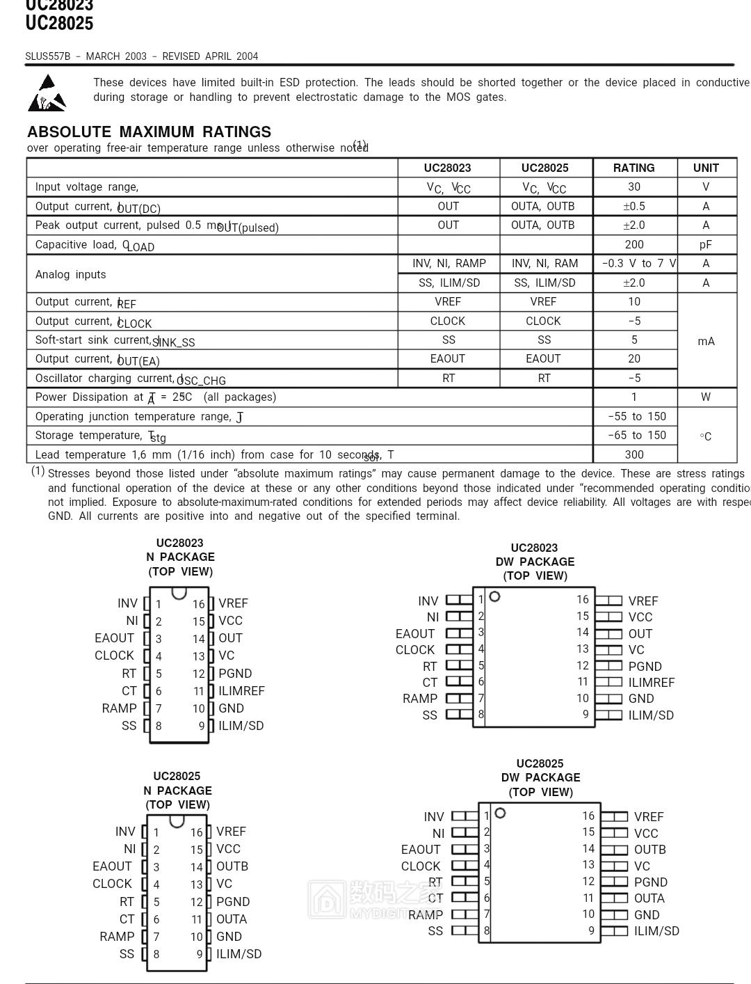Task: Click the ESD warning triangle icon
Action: tap(47, 93)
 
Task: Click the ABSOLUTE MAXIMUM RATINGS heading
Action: tap(149, 132)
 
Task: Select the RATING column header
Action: tap(633, 168)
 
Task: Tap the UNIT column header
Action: tap(706, 168)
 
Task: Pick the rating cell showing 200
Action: tap(633, 244)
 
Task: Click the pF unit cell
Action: tap(706, 244)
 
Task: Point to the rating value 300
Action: tap(633, 454)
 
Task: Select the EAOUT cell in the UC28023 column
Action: tap(448, 358)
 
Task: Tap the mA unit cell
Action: tap(706, 341)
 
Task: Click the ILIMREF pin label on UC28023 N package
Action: tap(241, 691)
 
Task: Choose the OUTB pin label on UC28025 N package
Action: tap(232, 866)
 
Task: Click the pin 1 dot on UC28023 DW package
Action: tap(494, 596)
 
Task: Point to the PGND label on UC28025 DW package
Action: tap(650, 882)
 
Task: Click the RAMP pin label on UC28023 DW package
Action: tap(420, 699)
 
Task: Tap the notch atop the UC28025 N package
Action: tap(177, 821)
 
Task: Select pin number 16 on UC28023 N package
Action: tap(199, 604)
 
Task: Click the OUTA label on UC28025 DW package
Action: tap(649, 898)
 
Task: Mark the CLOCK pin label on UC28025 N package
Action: tap(112, 884)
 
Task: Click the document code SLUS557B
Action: tap(48, 56)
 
